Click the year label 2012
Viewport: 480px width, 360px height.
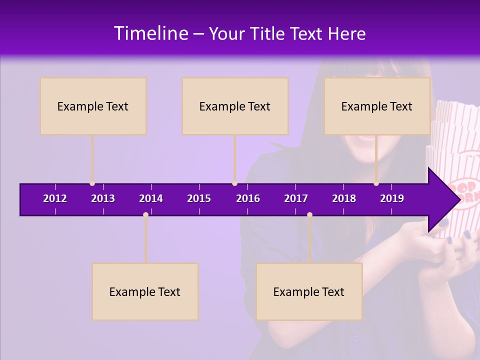click(x=55, y=198)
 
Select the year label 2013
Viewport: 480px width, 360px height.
click(x=103, y=198)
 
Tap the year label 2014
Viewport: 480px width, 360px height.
click(x=151, y=198)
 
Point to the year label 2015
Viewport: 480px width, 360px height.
click(x=199, y=198)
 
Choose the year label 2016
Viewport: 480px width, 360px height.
click(x=248, y=198)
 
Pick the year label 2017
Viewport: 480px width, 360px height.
click(x=296, y=198)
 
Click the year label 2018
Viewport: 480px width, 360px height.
click(x=344, y=198)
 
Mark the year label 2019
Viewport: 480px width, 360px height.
click(x=392, y=198)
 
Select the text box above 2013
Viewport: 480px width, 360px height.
click(x=93, y=106)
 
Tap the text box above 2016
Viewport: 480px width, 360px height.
click(x=235, y=106)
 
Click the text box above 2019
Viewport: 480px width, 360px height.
click(x=377, y=106)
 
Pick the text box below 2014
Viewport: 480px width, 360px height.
click(x=145, y=291)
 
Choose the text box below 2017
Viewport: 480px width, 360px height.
click(x=309, y=291)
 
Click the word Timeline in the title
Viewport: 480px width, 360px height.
click(x=150, y=33)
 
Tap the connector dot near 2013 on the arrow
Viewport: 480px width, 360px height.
click(x=92, y=183)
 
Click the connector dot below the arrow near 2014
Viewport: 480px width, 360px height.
click(x=145, y=215)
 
